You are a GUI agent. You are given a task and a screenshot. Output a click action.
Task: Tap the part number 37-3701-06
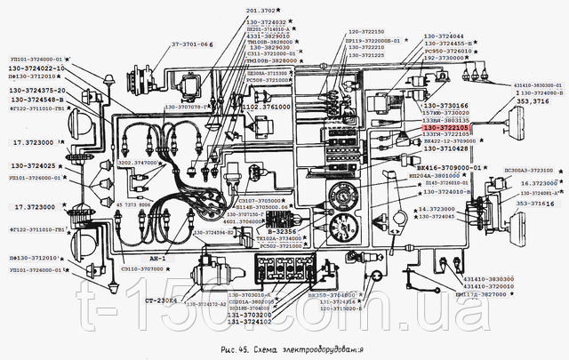pyautogui.click(x=192, y=43)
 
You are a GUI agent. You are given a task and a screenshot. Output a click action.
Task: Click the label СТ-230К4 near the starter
pyautogui.click(x=160, y=300)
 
